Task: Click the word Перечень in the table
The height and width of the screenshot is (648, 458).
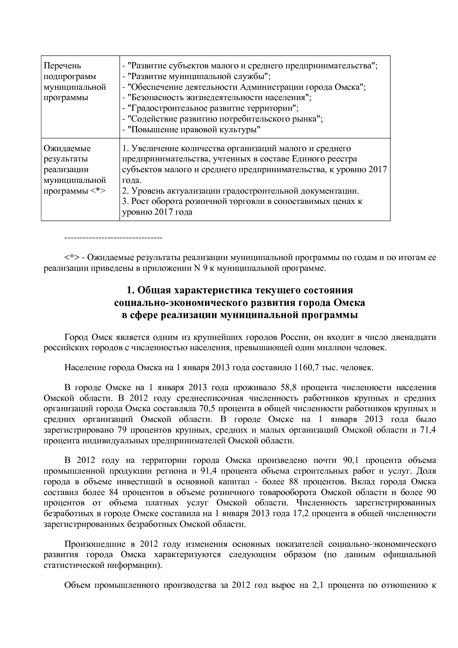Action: [x=62, y=66]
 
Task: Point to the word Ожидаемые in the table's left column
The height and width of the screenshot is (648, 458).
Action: [x=67, y=149]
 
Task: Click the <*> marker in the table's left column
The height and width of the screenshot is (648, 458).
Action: [x=98, y=191]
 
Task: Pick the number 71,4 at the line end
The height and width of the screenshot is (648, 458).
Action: [x=428, y=430]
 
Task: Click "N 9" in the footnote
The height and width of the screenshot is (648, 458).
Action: [x=201, y=268]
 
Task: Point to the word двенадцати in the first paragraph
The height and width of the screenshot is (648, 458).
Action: [x=416, y=337]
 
